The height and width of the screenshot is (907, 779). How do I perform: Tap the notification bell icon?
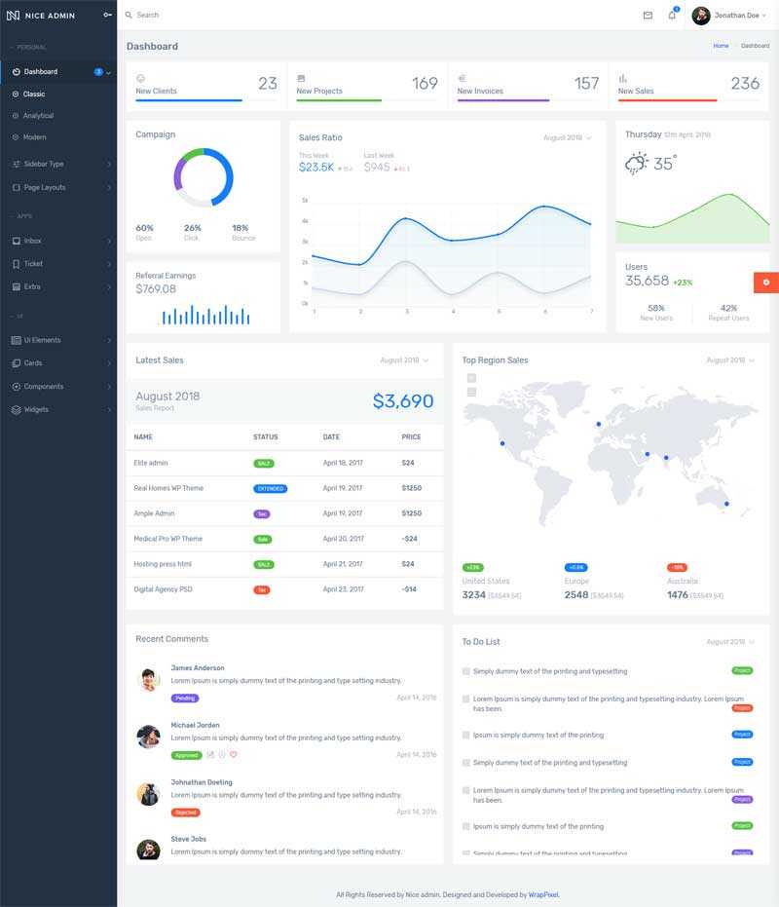[x=672, y=16]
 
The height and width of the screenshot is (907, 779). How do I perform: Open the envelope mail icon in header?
[x=648, y=16]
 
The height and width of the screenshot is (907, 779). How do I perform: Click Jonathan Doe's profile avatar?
[x=701, y=16]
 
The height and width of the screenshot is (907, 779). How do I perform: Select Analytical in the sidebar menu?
[x=38, y=116]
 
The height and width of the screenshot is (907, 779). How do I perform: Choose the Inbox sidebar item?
[x=32, y=241]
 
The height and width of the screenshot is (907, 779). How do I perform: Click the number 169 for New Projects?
[x=425, y=84]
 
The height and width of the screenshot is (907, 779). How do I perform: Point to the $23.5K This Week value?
[x=316, y=168]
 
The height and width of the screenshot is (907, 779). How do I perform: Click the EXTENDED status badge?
[x=270, y=488]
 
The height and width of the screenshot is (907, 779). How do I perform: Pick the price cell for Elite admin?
[x=408, y=463]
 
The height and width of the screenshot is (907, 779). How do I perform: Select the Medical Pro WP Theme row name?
[x=168, y=539]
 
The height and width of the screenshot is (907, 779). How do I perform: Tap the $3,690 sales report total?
[x=403, y=401]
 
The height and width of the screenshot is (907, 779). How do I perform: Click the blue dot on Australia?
[x=726, y=504]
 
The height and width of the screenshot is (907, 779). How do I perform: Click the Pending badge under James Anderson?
[x=185, y=699]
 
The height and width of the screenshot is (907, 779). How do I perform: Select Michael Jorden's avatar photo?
[x=149, y=737]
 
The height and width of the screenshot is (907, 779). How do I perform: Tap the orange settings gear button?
[x=765, y=283]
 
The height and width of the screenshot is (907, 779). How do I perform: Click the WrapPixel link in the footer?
[x=543, y=894]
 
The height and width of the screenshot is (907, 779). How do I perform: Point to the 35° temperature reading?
[x=665, y=165]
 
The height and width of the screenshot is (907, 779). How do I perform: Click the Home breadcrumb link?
[x=721, y=46]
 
